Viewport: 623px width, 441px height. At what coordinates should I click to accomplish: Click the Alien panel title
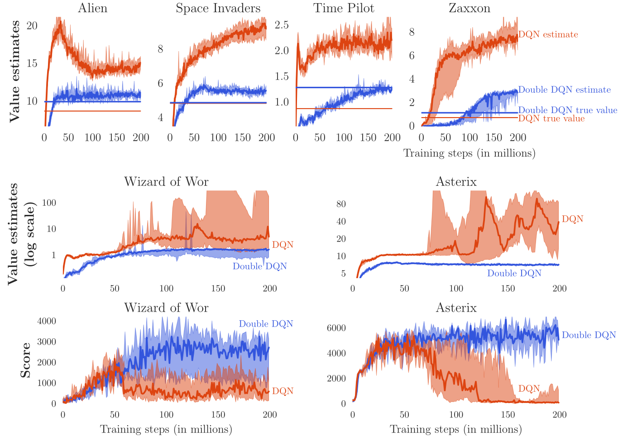point(93,8)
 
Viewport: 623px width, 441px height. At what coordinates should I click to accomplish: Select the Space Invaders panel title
point(218,8)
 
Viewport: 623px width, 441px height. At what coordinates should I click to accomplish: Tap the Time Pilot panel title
point(344,8)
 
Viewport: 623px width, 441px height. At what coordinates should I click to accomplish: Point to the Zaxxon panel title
point(470,8)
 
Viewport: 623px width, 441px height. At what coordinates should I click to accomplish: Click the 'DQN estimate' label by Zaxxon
point(548,34)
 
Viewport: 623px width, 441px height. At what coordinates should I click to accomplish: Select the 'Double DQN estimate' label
point(564,90)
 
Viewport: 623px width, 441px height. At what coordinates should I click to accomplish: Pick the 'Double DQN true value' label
point(568,110)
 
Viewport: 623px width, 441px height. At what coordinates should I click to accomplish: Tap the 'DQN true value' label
point(551,119)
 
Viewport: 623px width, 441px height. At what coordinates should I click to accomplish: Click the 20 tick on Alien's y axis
point(32,26)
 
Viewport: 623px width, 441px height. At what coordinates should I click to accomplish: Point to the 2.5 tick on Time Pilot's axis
point(282,25)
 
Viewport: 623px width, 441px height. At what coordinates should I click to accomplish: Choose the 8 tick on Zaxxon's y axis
point(412,32)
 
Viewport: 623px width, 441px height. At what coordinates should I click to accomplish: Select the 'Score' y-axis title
point(26,360)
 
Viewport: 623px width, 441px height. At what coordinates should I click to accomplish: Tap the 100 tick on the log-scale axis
point(49,203)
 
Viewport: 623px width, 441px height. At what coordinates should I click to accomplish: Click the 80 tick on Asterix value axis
point(341,204)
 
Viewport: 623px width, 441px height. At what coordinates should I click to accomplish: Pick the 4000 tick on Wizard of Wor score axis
point(47,321)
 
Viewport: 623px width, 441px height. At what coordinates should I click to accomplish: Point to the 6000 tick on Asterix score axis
point(336,328)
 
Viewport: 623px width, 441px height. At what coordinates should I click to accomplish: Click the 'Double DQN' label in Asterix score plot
point(589,335)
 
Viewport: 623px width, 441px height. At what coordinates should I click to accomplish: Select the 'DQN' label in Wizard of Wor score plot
point(283,391)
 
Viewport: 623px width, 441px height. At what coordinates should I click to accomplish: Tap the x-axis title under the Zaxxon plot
point(469,153)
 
